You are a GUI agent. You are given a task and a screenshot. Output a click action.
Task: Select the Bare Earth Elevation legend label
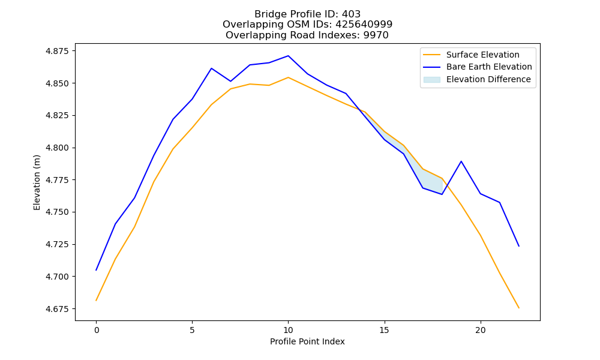(489, 67)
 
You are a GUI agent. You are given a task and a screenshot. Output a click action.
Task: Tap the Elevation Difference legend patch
(431, 80)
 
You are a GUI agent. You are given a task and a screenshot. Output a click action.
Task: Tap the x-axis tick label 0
(97, 331)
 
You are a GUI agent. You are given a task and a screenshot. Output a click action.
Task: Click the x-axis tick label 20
(480, 331)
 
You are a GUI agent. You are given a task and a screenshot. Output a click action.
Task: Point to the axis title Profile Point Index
(307, 341)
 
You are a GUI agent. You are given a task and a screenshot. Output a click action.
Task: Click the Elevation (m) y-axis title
(37, 182)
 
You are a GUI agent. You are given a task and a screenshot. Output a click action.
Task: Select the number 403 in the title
(351, 14)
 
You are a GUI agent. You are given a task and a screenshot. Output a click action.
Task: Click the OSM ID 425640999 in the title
(364, 25)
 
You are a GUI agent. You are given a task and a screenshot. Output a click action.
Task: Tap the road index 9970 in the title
(376, 35)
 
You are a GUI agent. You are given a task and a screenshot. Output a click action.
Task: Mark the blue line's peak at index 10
(288, 56)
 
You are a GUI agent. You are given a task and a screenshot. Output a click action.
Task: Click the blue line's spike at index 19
(461, 161)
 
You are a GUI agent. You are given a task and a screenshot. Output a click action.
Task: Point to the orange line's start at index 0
(97, 301)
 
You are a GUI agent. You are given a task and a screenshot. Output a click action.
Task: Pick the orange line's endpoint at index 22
(518, 308)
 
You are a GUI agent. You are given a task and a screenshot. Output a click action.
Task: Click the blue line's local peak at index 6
(211, 68)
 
